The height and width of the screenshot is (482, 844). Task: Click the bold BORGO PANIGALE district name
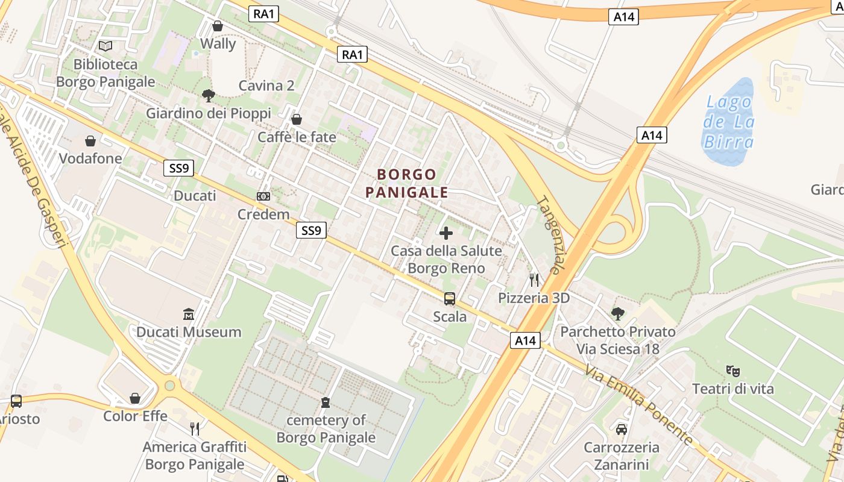(x=406, y=183)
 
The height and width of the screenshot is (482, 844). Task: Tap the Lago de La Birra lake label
(x=729, y=122)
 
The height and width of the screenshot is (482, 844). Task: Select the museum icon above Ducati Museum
(x=189, y=314)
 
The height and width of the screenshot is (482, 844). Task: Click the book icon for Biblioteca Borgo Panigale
(x=105, y=46)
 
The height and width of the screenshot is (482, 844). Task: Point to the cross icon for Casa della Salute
(x=446, y=233)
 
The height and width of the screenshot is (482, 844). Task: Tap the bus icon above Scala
(x=450, y=299)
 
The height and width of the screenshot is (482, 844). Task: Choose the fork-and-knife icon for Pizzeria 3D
(x=534, y=280)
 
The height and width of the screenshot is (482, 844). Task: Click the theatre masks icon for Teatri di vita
(x=732, y=371)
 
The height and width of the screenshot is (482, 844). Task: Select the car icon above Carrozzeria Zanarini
(x=621, y=430)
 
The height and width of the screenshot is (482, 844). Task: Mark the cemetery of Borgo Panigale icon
(x=326, y=402)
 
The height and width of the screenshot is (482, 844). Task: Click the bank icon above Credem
(x=263, y=196)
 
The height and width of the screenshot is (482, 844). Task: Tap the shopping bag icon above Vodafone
(x=90, y=141)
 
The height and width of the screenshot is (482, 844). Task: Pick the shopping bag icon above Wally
(x=218, y=26)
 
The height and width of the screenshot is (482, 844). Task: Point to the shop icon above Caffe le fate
(x=296, y=119)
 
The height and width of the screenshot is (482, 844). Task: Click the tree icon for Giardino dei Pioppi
(x=209, y=95)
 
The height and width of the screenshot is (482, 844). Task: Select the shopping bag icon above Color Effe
(x=135, y=398)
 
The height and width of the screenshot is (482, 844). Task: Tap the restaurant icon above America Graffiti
(x=195, y=428)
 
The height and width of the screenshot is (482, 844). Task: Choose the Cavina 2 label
(x=266, y=86)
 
